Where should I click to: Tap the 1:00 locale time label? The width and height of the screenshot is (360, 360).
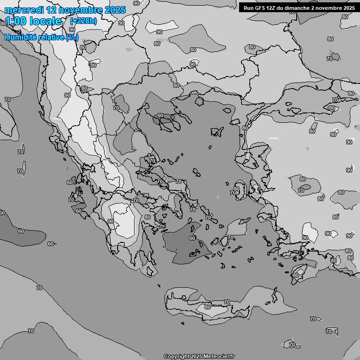click(x=33, y=21)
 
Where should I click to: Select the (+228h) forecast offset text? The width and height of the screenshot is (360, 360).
click(x=83, y=21)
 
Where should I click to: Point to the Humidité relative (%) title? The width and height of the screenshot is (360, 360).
click(x=41, y=37)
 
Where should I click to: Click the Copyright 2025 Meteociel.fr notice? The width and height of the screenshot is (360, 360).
click(x=199, y=356)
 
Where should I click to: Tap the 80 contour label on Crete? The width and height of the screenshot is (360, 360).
click(x=207, y=307)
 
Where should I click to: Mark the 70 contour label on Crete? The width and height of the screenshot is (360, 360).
click(x=227, y=302)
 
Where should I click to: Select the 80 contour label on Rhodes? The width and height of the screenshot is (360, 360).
click(x=295, y=275)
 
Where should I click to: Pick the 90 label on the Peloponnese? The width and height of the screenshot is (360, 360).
click(x=111, y=221)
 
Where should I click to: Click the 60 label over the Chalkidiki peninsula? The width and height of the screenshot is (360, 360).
click(x=160, y=115)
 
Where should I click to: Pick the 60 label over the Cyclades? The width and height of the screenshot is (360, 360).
click(x=192, y=238)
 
